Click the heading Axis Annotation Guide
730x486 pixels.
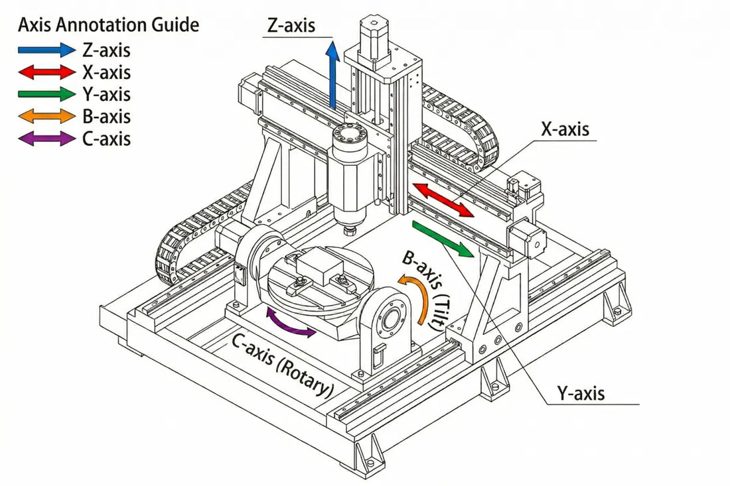(x=108, y=25)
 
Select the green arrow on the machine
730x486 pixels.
(x=443, y=239)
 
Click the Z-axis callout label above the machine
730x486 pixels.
(x=291, y=26)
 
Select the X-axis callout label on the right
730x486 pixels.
(x=565, y=129)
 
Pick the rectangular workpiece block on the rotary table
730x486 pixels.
(x=317, y=269)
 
